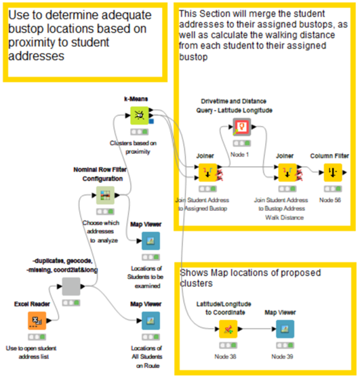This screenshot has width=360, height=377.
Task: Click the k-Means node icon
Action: click(138, 114)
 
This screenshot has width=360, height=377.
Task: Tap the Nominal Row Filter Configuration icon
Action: click(105, 195)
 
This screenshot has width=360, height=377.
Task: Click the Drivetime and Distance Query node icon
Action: click(242, 127)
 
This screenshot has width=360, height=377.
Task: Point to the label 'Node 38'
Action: click(228, 357)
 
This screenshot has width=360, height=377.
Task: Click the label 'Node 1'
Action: click(241, 154)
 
